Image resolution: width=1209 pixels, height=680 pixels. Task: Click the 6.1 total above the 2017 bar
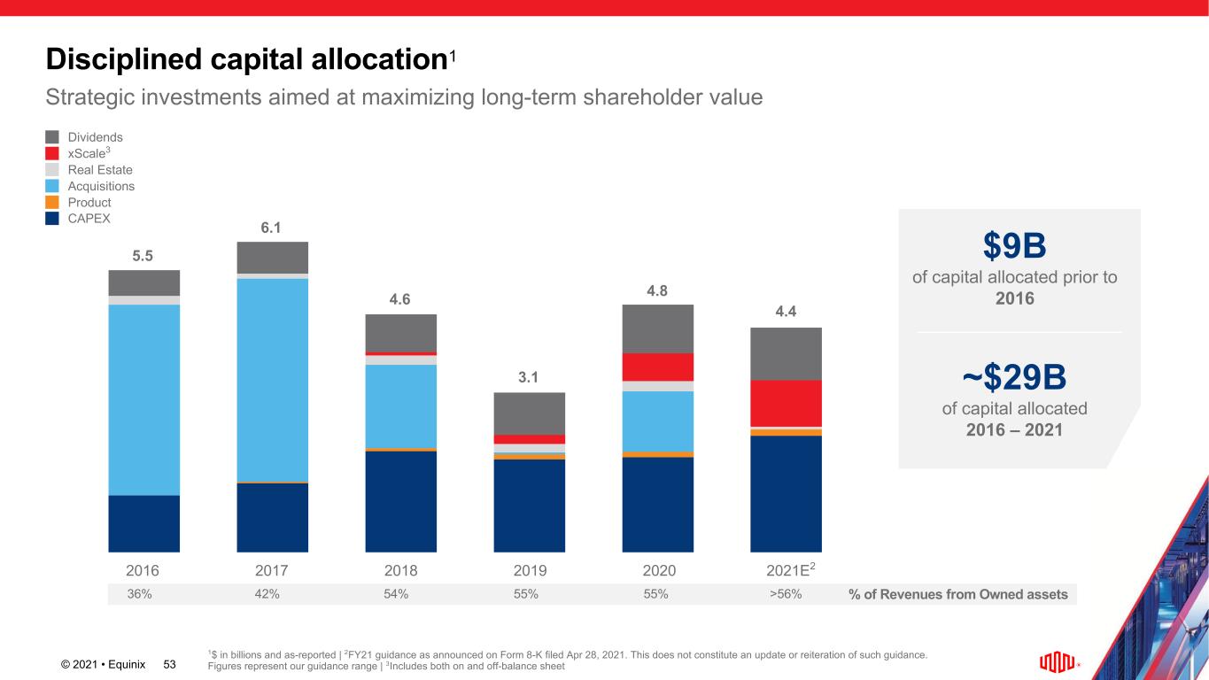tap(272, 228)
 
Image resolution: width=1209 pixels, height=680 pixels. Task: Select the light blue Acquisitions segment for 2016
tap(144, 399)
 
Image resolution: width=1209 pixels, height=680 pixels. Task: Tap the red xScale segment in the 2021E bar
tap(786, 403)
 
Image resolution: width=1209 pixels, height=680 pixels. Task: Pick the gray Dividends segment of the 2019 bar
tap(529, 413)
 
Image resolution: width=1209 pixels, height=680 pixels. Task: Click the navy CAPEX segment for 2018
tap(400, 501)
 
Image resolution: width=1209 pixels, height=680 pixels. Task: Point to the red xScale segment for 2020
tap(657, 367)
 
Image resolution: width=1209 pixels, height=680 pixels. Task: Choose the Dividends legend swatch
tap(52, 137)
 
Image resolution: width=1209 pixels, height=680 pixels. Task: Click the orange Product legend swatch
tap(52, 202)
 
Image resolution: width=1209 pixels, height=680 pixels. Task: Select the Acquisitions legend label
tap(101, 186)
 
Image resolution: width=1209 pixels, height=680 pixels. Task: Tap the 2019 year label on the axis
tap(529, 570)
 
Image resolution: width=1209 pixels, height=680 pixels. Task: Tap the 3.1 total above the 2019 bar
tap(529, 378)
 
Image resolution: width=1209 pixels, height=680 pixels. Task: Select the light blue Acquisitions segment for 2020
tap(657, 421)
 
